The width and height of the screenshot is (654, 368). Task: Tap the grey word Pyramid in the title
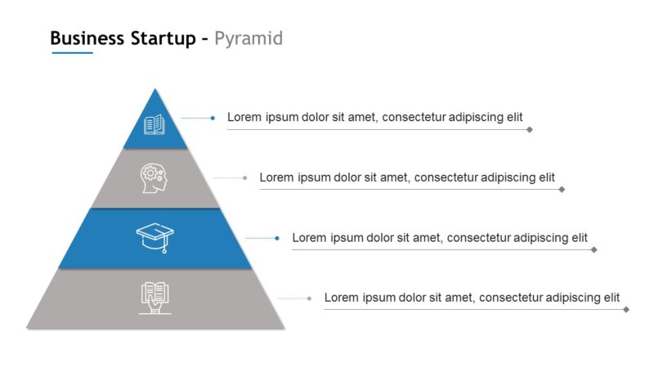tap(249, 38)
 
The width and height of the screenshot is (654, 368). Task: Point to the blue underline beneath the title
tap(72, 53)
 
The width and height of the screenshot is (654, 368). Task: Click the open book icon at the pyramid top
tap(155, 125)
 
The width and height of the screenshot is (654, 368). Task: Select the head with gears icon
tap(154, 177)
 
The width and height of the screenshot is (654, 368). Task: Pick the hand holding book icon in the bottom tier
tap(155, 297)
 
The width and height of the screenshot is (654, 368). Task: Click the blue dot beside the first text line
tap(213, 118)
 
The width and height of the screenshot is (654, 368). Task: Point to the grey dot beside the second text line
tap(245, 177)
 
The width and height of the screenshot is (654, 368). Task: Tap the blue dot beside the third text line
tap(277, 238)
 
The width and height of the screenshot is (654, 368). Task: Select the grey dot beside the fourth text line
tap(309, 298)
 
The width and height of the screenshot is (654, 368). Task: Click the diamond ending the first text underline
tap(530, 129)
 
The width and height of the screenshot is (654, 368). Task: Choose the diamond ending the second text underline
tap(562, 189)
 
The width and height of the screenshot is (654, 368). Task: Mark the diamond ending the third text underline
tap(594, 249)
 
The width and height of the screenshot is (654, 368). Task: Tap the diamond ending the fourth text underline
tap(626, 309)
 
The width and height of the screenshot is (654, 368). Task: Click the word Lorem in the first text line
tap(244, 117)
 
